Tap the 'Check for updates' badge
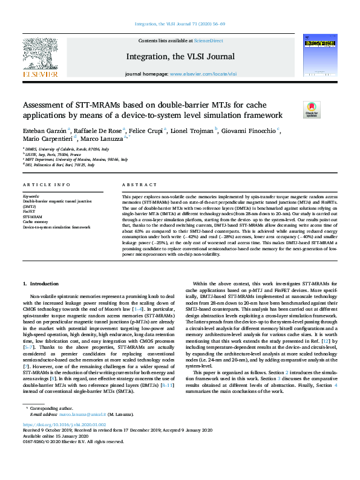point(312,109)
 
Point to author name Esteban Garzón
point(45,131)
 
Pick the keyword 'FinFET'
point(30,211)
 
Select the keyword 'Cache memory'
point(36,221)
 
